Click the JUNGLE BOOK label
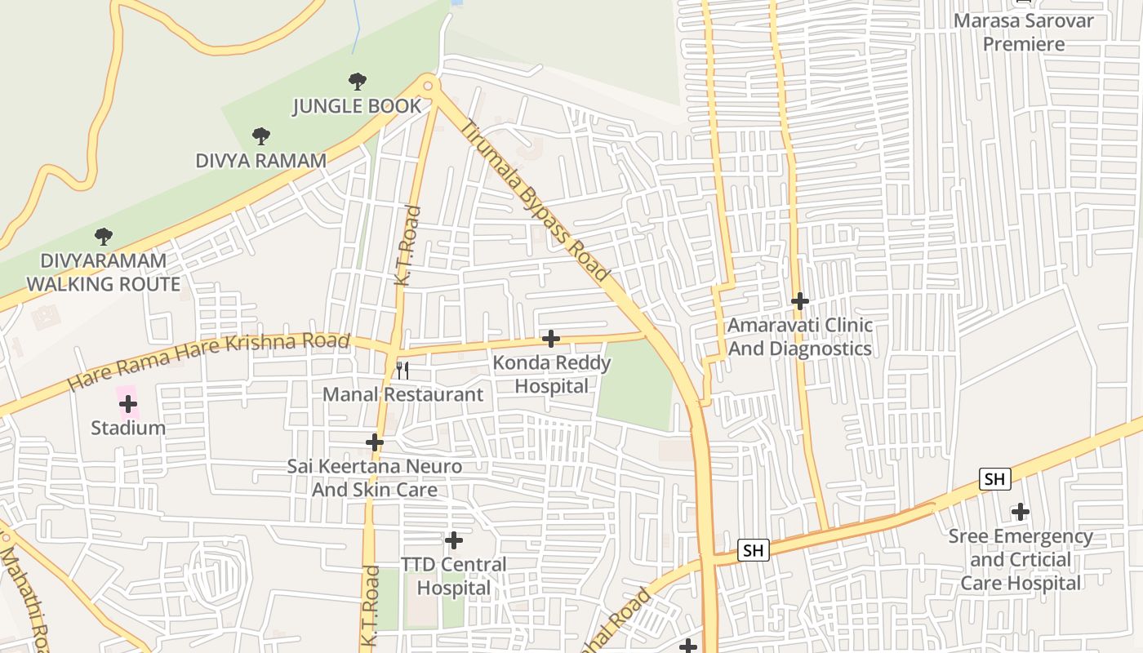357,106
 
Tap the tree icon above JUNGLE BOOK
357,81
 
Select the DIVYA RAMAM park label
260,161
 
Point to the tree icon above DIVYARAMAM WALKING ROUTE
103,237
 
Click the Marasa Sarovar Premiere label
1023,32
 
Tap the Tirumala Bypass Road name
535,201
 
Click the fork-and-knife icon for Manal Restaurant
402,371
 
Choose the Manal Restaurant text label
402,395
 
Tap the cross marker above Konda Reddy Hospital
551,338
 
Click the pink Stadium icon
127,403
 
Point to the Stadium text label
127,428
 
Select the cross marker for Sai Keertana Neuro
375,442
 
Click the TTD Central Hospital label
453,576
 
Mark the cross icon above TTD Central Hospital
453,540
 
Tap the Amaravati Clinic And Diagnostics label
799,337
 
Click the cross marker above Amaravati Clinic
799,301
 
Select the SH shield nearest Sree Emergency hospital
994,479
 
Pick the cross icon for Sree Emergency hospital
1020,512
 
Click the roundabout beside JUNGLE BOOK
429,84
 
